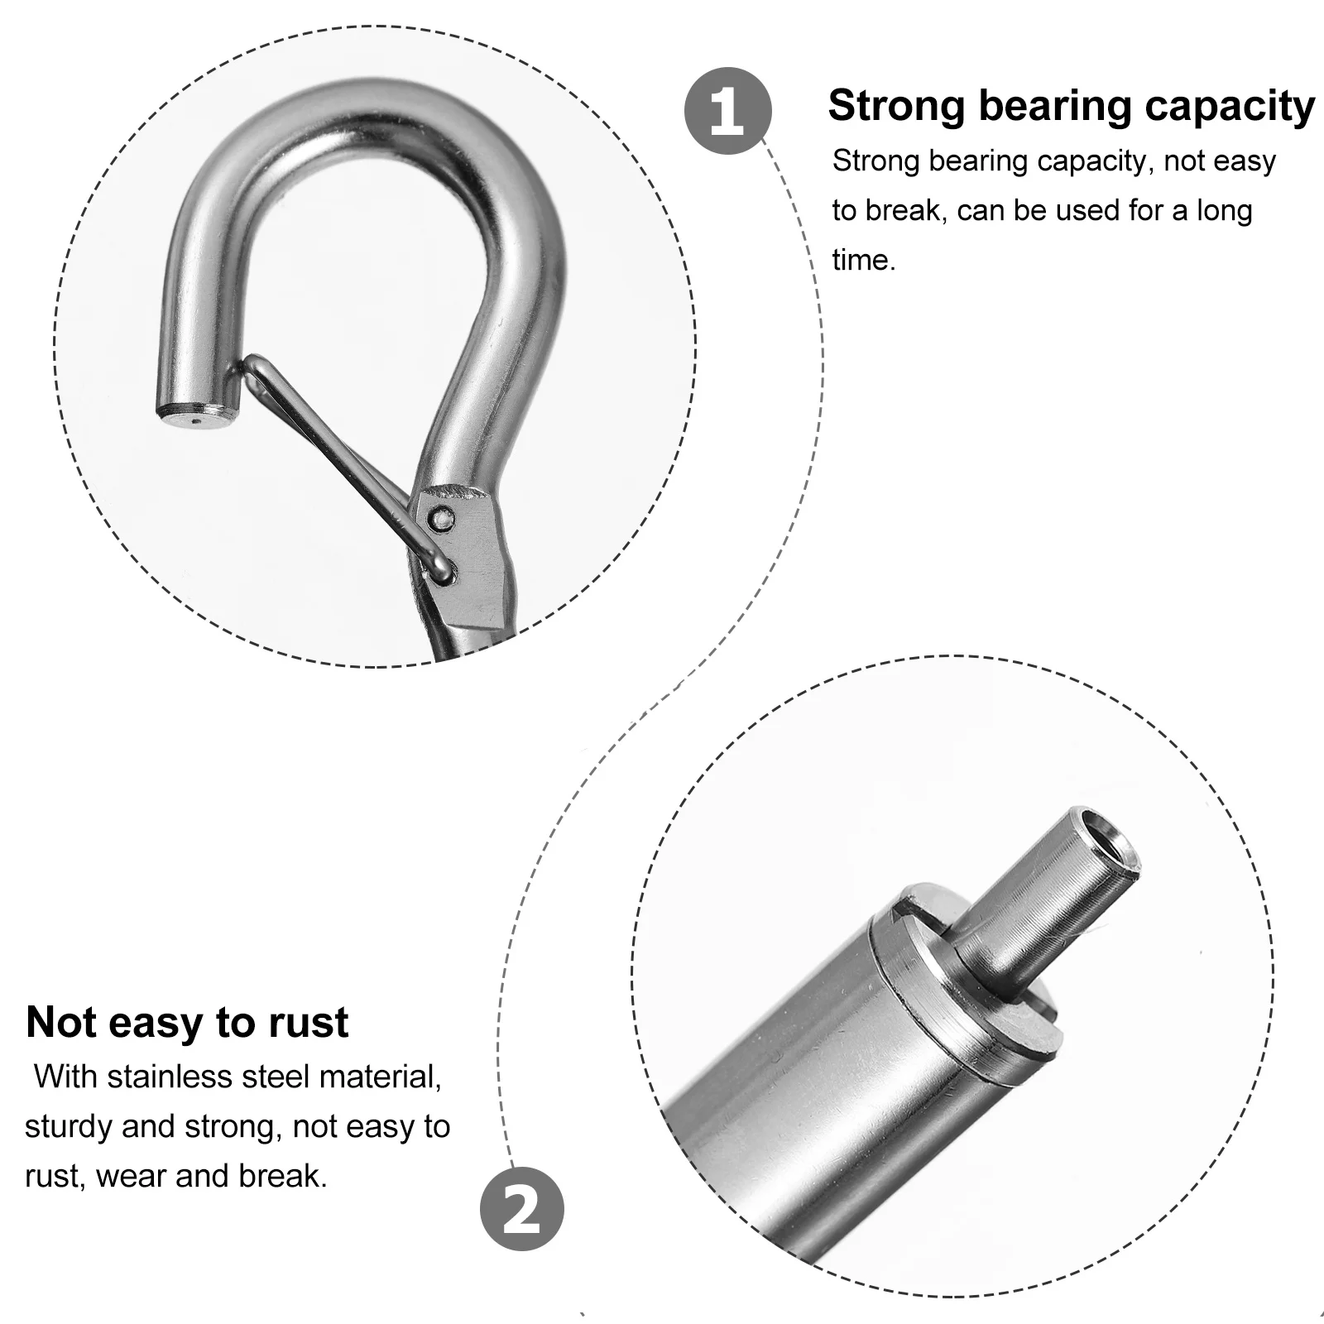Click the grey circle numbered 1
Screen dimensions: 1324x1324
[x=727, y=111]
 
